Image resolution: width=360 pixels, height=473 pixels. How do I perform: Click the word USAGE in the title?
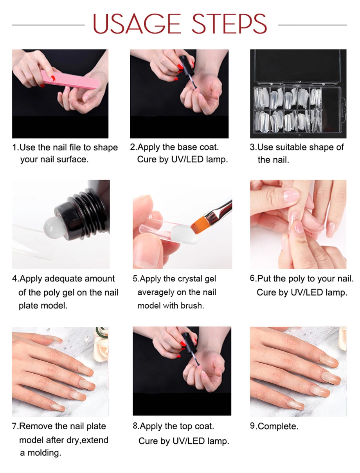click(137, 23)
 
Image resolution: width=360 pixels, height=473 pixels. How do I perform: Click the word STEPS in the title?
click(229, 23)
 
